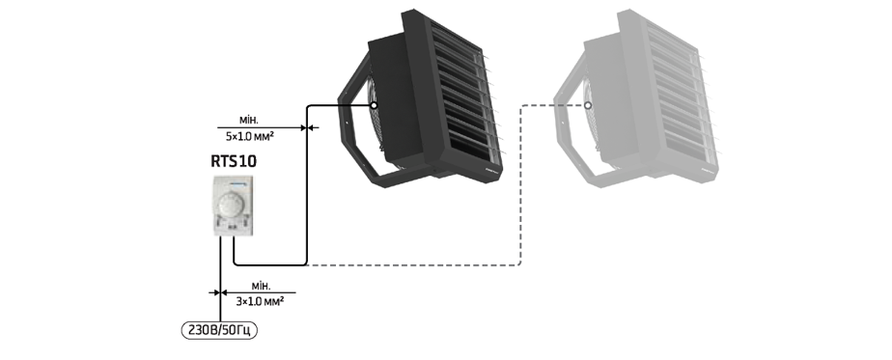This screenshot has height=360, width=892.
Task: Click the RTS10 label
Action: click(234, 161)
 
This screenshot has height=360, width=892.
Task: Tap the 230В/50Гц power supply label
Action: click(219, 330)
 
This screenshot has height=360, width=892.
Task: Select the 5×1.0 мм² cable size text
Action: click(250, 136)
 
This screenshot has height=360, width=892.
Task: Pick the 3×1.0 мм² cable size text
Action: click(260, 301)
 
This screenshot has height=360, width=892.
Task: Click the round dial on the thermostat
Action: click(232, 205)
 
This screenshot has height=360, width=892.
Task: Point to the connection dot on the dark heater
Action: click(374, 105)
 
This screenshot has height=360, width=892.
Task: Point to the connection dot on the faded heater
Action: click(588, 105)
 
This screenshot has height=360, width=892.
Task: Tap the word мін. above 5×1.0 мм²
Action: click(249, 121)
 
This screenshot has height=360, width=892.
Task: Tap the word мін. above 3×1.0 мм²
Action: click(261, 286)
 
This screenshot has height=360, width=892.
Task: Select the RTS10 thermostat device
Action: click(233, 206)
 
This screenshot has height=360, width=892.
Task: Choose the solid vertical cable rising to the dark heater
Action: click(307, 185)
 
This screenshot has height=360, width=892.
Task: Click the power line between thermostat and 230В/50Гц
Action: click(220, 279)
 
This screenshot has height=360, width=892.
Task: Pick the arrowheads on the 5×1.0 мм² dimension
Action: click(307, 128)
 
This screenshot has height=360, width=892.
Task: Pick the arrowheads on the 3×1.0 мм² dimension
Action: click(220, 292)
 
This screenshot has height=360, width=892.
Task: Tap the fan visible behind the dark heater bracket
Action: click(378, 114)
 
